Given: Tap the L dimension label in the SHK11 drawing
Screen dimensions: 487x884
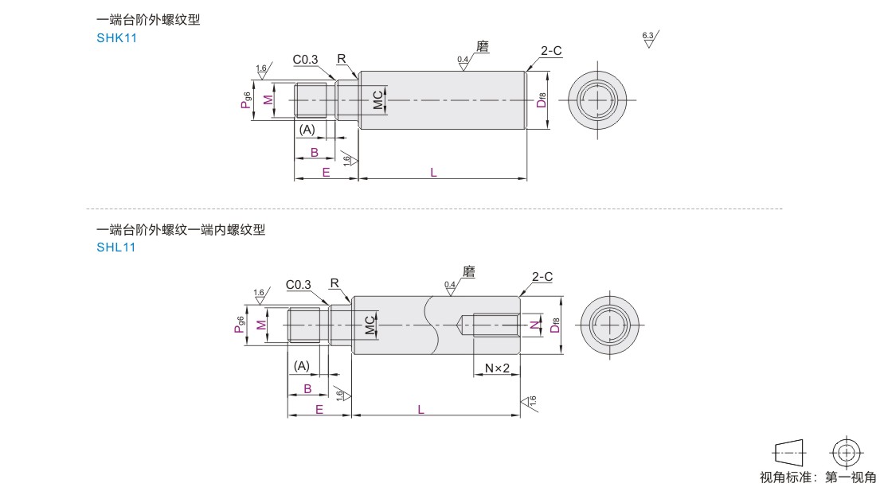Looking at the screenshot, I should tap(433, 171).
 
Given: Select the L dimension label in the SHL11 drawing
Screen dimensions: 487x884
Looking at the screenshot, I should tap(420, 409).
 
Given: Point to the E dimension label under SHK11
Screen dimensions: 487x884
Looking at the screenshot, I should tap(326, 172).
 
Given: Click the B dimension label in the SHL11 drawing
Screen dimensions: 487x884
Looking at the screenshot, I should tap(307, 389).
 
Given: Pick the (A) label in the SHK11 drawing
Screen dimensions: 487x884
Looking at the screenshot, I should tap(307, 129).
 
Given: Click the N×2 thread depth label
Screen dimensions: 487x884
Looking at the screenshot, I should tap(497, 368).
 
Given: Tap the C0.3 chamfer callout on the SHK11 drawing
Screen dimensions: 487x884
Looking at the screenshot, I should tap(305, 60).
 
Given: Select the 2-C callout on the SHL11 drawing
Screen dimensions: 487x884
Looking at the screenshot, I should tap(542, 276).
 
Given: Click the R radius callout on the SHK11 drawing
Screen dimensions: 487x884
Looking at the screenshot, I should tap(341, 59).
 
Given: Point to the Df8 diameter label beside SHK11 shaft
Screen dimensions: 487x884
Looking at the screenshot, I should tap(541, 99).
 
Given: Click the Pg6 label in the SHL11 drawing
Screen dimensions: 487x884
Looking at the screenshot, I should tap(240, 325).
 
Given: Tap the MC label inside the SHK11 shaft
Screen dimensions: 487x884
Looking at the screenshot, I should tap(378, 100).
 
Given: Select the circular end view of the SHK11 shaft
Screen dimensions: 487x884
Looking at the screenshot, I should tap(597, 100).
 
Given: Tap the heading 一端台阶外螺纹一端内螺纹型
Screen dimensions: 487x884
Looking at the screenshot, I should tap(181, 230).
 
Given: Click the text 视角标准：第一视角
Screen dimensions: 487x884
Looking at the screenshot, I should tap(817, 477).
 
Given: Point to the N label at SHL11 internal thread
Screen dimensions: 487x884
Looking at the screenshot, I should tap(534, 325).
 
